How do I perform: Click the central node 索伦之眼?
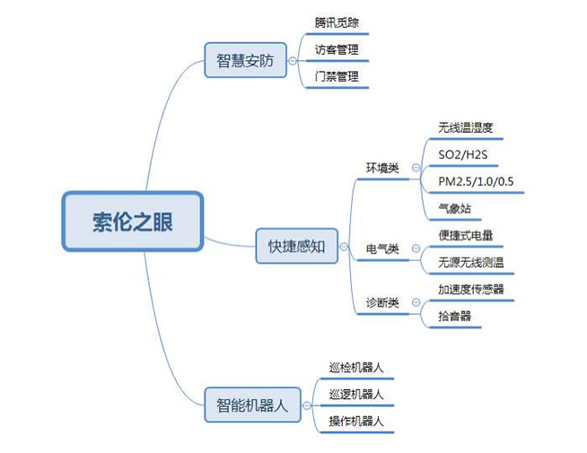coord(133,221)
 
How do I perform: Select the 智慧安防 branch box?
coord(245,61)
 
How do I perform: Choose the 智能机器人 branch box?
coord(251,405)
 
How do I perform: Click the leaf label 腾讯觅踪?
coord(337,22)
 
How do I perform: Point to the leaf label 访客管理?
coord(337,49)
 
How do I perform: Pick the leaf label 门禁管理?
coord(337,77)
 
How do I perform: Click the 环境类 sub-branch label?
coord(382,168)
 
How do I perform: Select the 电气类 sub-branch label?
coord(382,248)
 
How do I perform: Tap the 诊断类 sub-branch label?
coord(382,302)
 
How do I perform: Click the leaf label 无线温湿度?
coord(466,127)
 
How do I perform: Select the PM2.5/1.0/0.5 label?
coord(476,181)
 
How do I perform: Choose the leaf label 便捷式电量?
coord(466,235)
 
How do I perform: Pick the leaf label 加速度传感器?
coord(471,289)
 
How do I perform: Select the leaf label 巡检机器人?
coord(356,367)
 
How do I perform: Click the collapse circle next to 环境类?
coord(416,168)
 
